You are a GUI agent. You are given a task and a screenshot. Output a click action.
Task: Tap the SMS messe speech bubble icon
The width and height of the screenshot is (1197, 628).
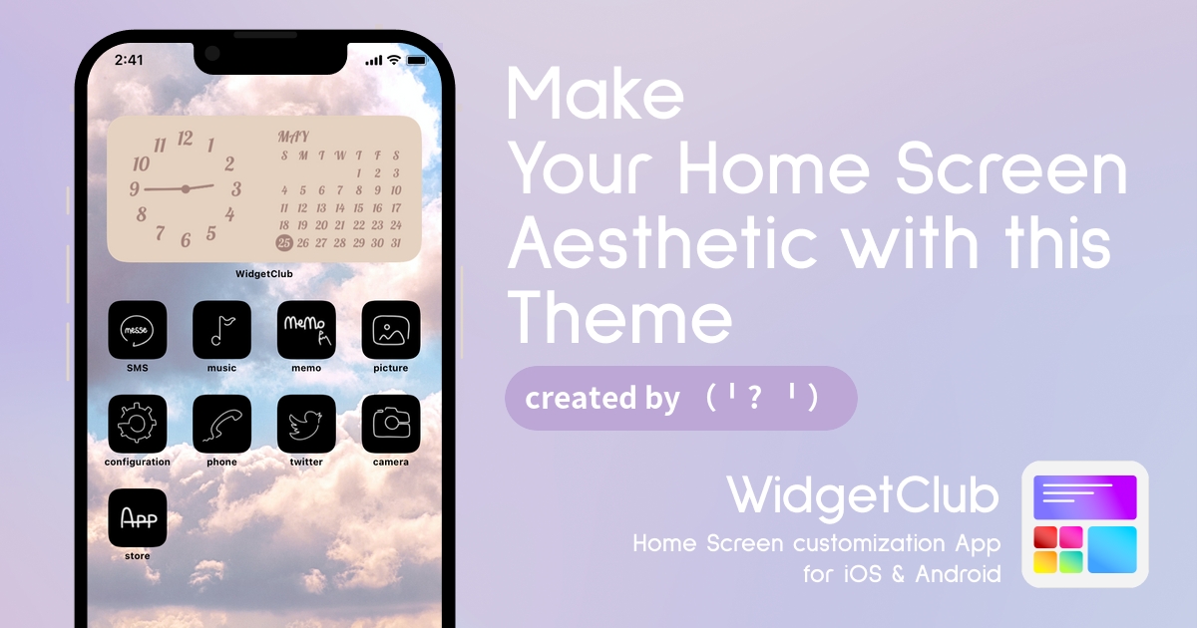click(x=138, y=330)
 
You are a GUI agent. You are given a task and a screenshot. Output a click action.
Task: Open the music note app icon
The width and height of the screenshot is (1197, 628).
click(x=221, y=330)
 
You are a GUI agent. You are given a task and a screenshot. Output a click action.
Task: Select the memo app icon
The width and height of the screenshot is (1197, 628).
click(x=306, y=330)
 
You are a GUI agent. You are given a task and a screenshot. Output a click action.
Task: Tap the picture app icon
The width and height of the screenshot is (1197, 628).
click(x=391, y=330)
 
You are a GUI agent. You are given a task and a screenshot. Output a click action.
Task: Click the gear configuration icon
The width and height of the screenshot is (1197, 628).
click(x=138, y=424)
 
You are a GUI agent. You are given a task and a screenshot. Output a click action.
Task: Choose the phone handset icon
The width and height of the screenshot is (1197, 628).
click(x=221, y=424)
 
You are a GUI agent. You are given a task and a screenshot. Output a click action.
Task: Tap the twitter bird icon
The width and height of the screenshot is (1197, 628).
click(x=306, y=424)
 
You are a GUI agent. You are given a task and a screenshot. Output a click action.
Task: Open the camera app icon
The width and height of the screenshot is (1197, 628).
click(x=391, y=424)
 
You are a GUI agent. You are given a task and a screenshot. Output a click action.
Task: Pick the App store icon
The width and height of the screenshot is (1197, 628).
click(x=138, y=517)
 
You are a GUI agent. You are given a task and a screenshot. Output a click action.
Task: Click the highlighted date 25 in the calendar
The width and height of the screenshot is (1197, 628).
click(x=284, y=243)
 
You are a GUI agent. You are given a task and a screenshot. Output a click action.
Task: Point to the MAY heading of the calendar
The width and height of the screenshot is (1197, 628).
click(x=293, y=138)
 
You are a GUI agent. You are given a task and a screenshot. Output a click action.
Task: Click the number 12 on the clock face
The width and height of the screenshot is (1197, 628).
click(x=185, y=139)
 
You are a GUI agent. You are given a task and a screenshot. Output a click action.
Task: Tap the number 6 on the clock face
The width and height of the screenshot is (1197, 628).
click(x=186, y=240)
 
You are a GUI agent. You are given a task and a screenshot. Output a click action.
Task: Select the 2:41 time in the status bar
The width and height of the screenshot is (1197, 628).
click(x=129, y=60)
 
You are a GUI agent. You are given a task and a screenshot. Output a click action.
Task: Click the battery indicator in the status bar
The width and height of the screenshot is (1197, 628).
click(x=417, y=61)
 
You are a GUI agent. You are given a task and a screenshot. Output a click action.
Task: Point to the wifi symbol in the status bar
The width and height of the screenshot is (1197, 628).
click(x=394, y=60)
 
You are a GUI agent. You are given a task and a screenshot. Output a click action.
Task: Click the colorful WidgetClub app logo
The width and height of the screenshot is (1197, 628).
click(x=1085, y=524)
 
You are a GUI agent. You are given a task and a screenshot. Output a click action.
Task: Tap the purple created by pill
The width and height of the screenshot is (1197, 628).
click(x=680, y=398)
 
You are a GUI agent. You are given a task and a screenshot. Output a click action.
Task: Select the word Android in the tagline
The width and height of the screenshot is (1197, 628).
click(x=958, y=574)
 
